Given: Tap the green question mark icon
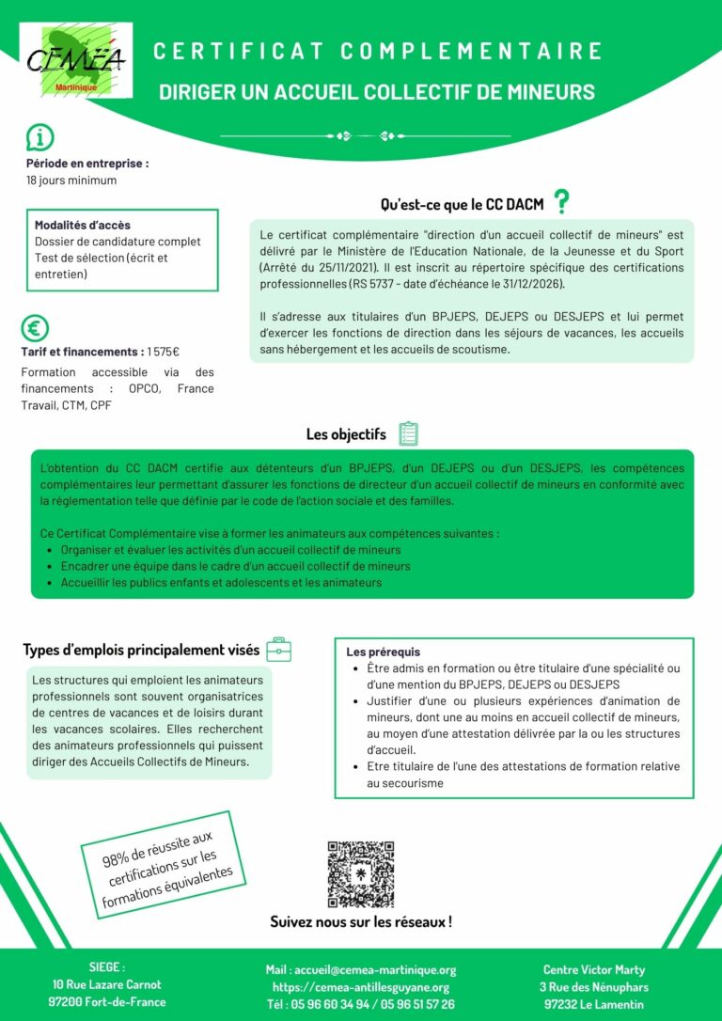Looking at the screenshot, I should [562, 201].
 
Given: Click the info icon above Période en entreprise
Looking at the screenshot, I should [39, 137].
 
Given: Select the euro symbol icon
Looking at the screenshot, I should [35, 328].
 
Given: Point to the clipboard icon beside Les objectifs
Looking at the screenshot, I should [408, 433].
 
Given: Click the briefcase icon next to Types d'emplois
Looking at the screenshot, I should [279, 649].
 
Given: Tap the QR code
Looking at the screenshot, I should [360, 873].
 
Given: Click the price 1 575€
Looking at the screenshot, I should [163, 352].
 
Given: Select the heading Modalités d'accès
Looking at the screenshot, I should [83, 225].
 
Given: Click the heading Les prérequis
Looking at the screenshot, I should [384, 652].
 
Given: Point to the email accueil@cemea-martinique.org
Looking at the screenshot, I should [374, 969].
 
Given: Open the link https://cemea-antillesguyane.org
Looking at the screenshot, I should [360, 987].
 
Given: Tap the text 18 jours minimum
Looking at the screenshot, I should [71, 181].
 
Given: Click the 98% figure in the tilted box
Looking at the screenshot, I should [118, 857].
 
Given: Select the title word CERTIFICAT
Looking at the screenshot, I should [235, 51].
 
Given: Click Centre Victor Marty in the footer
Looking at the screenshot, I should [593, 969].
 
